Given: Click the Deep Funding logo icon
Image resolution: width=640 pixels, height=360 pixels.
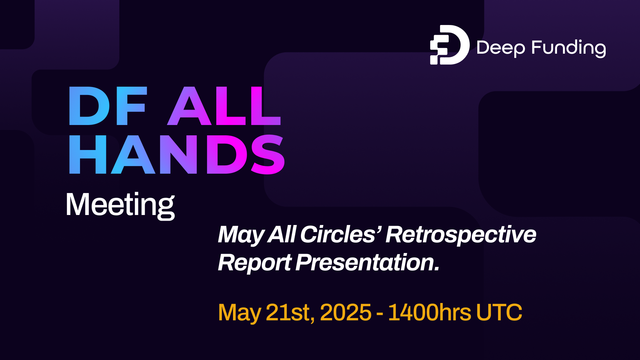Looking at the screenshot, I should (x=449, y=45).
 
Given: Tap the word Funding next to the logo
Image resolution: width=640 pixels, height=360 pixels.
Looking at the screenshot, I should (x=568, y=48).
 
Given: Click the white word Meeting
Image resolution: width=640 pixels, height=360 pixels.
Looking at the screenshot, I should (x=120, y=205).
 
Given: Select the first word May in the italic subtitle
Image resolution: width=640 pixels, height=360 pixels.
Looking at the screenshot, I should (x=241, y=235).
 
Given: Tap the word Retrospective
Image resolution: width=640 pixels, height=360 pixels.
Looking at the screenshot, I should (x=461, y=235).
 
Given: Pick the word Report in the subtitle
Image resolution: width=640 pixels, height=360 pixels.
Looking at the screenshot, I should (x=255, y=263).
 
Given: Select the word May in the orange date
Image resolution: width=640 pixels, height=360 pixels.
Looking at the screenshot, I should (x=239, y=313).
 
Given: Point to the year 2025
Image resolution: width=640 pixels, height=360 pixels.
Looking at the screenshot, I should (x=345, y=313).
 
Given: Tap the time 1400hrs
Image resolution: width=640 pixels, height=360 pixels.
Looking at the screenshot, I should (x=429, y=313).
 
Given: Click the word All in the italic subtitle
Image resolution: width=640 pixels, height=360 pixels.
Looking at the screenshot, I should (x=282, y=234).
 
